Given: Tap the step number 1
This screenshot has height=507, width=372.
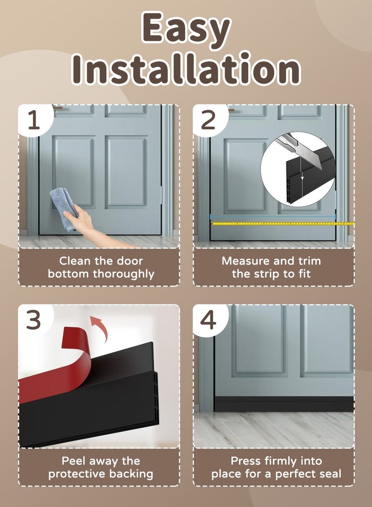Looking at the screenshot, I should (x=34, y=120).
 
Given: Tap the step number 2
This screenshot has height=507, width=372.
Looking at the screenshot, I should (x=208, y=120).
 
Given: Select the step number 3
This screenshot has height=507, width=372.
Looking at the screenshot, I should (x=34, y=321).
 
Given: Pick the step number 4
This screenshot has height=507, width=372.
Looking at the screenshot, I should (x=208, y=321).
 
